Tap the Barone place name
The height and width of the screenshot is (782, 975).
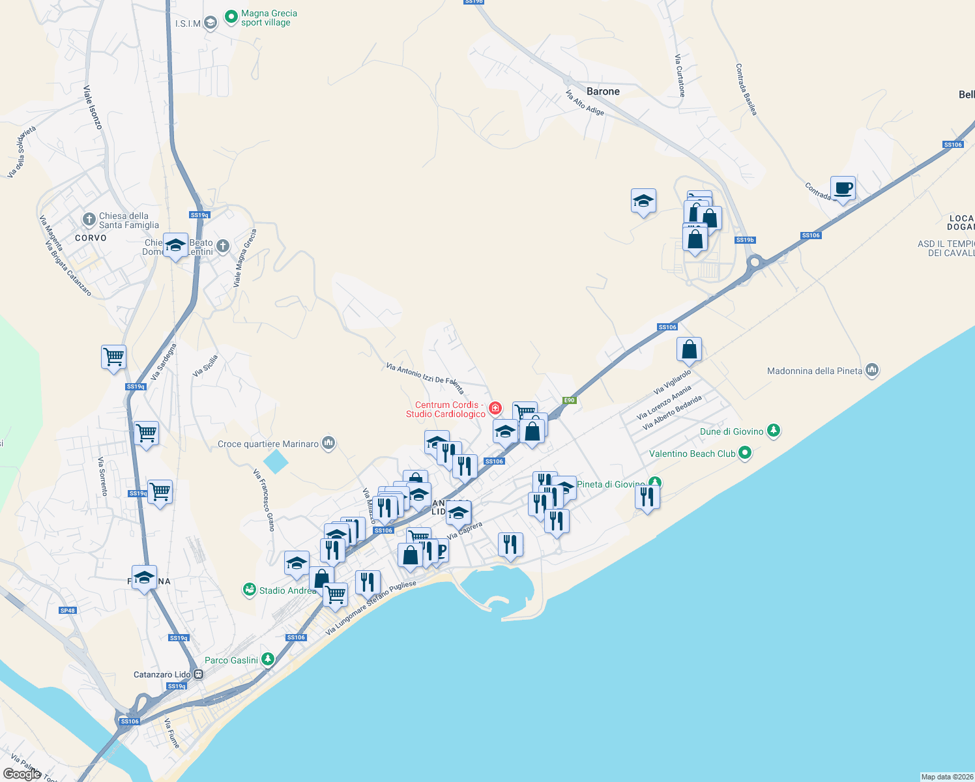point(603,91)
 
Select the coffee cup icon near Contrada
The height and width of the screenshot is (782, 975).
point(843,188)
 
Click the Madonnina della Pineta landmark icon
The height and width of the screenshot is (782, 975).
point(872,371)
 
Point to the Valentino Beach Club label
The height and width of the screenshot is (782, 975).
point(692,454)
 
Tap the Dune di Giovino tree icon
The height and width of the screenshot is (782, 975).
point(773,431)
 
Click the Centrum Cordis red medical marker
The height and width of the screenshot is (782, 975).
point(495,409)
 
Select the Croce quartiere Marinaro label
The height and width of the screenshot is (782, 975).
point(268,444)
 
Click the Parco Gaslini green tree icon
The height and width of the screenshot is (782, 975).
point(267,659)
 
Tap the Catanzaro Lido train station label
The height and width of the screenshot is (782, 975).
point(162,674)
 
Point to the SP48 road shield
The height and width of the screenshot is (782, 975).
point(68,611)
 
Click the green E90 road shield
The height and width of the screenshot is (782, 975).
point(570,400)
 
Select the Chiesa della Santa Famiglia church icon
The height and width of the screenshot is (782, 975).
point(89,220)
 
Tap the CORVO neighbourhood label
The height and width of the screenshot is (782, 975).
point(91,238)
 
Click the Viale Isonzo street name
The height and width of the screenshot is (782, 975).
point(93,107)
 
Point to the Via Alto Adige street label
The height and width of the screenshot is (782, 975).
point(585,102)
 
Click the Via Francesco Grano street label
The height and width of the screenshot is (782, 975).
point(264,500)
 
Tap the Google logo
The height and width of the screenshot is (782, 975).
point(22,774)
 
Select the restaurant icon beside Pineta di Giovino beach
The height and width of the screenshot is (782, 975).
point(647,497)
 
